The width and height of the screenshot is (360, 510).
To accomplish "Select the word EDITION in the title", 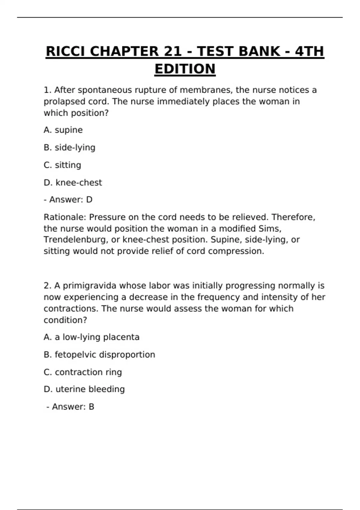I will click(185, 69).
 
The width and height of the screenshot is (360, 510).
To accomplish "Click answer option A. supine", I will click(63, 130).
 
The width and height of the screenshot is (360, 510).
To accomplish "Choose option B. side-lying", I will click(69, 148).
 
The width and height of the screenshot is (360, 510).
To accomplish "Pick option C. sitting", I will click(62, 165).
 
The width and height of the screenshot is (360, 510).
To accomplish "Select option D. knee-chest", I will click(73, 182).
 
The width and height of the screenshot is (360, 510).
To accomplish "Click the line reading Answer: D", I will click(68, 199).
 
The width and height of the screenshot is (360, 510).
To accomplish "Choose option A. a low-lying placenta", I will click(91, 337).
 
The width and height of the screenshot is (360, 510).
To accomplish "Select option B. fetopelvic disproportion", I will click(99, 355).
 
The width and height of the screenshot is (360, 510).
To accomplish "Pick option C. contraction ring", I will click(83, 372).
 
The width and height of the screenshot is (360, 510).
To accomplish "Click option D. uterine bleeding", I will click(84, 389).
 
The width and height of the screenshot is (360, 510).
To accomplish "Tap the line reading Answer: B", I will click(70, 407).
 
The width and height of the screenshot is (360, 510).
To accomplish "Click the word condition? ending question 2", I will click(65, 320).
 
